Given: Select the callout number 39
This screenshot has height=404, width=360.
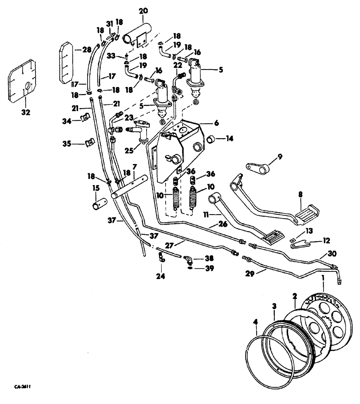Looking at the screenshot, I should pos(207,269).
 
